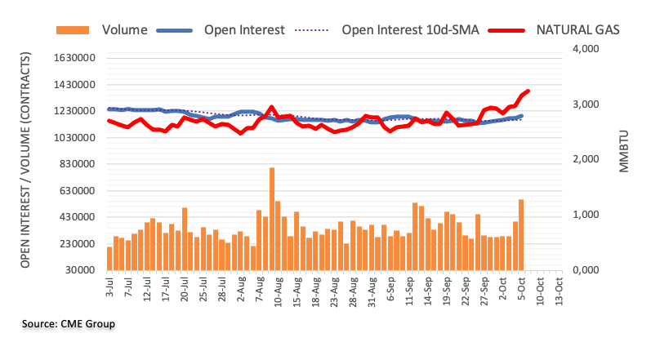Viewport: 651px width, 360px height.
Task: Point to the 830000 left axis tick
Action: (x=74, y=164)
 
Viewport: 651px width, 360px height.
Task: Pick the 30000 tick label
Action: (x=77, y=270)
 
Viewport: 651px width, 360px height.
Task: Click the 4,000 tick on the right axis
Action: (x=585, y=50)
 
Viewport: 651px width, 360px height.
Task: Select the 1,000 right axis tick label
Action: (x=585, y=215)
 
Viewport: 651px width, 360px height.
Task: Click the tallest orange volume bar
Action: (x=271, y=218)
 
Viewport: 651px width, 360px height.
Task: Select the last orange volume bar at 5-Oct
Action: (x=520, y=234)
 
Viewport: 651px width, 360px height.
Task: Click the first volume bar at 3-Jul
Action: (x=109, y=258)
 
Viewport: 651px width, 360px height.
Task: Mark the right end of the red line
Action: (x=528, y=91)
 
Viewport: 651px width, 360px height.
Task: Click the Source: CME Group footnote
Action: (x=69, y=325)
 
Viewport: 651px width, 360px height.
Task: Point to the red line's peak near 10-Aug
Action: (x=271, y=107)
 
